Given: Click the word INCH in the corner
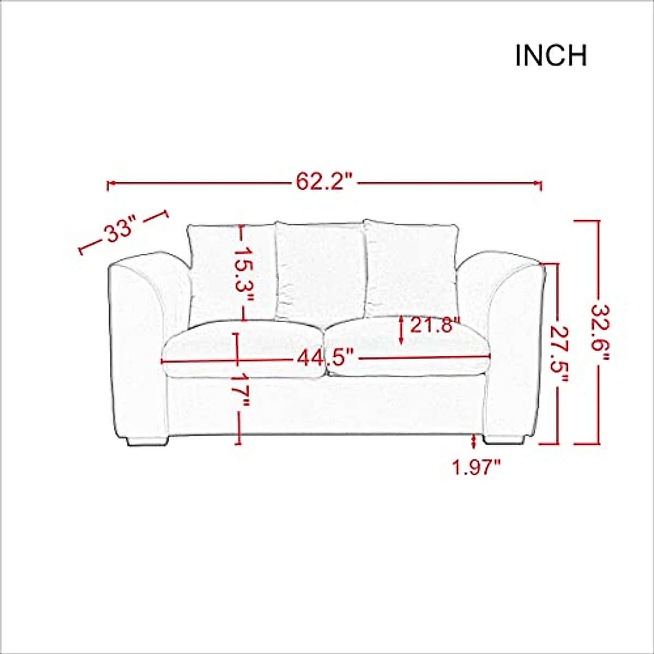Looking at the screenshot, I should pyautogui.click(x=551, y=56).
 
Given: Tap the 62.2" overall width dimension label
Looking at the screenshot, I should pyautogui.click(x=325, y=181).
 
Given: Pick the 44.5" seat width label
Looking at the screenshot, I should pyautogui.click(x=326, y=359).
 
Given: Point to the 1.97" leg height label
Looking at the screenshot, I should pyautogui.click(x=476, y=468).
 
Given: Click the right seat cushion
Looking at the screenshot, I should pyautogui.click(x=409, y=349).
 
